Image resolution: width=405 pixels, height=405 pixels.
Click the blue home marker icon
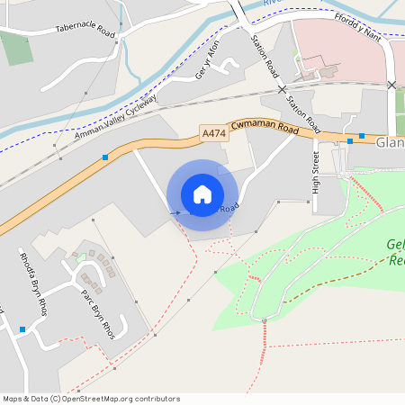click(x=202, y=194)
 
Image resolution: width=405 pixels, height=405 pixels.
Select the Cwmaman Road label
click(x=264, y=129)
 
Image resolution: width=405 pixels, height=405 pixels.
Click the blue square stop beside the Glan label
click(x=362, y=136)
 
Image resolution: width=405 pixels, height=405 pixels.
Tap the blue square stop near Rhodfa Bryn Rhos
click(x=22, y=329)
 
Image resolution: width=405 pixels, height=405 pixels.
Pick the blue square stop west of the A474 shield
click(x=105, y=157)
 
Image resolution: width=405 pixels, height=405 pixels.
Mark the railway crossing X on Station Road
click(x=282, y=90)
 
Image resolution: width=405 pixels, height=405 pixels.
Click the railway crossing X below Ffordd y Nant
click(x=391, y=85)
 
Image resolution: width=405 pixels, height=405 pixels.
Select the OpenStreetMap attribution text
click(x=91, y=398)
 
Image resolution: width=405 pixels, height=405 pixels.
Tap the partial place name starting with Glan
click(x=390, y=142)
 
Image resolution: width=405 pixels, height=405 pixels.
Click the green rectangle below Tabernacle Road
click(x=15, y=47)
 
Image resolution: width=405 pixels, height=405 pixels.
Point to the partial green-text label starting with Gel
click(x=395, y=252)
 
